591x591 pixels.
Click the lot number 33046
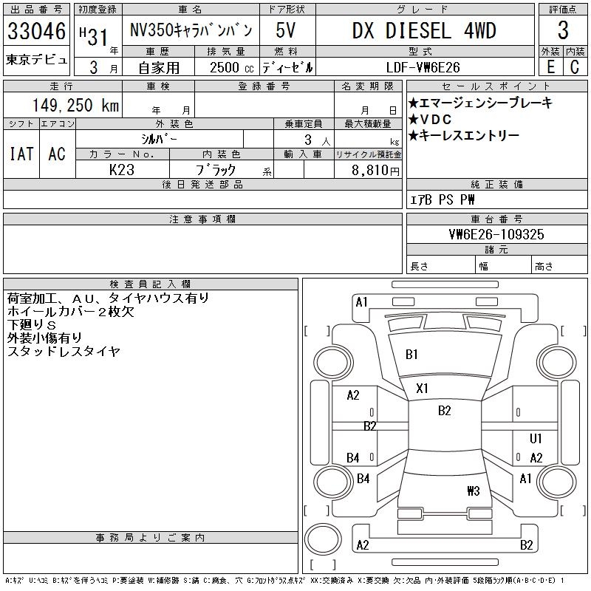[36, 31]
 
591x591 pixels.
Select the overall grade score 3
[563, 31]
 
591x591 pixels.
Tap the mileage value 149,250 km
[75, 106]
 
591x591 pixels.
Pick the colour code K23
[121, 169]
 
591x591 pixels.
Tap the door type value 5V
[287, 31]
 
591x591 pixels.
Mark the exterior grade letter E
[550, 67]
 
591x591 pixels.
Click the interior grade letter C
[575, 67]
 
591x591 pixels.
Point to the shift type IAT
[21, 154]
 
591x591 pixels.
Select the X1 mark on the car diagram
[423, 388]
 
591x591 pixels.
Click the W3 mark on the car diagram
[474, 491]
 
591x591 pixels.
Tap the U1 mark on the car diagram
[536, 439]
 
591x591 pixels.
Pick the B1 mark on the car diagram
[411, 355]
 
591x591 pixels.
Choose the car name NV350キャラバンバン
[191, 31]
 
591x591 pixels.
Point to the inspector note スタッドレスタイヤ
[63, 352]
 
